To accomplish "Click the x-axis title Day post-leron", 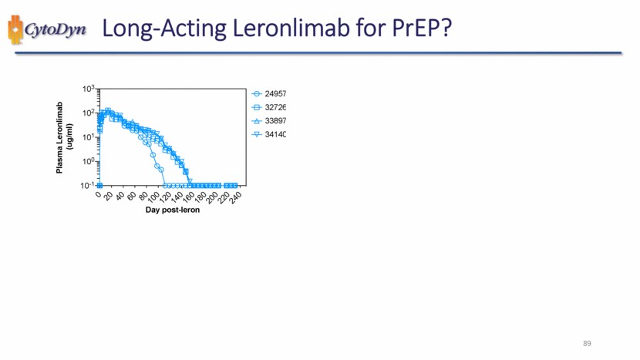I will pos(173,210).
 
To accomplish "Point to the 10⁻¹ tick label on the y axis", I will pos(87,185).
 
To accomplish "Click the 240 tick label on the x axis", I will pos(235,197).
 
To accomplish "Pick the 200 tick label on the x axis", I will pos(213,197).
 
